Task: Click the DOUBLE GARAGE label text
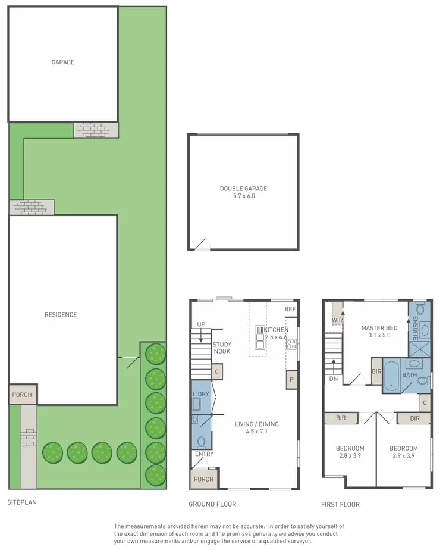pos(243,189)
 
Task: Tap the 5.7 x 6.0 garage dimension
pos(243,196)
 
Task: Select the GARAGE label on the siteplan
pos(62,62)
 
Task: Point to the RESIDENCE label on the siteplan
pos(61,315)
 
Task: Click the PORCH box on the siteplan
pos(20,395)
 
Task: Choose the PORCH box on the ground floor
pos(203,479)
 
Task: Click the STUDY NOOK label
pos(222,348)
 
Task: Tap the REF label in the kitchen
pos(290,310)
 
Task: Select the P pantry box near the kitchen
pos(291,380)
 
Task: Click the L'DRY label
pos(200,395)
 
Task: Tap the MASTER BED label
pos(379,328)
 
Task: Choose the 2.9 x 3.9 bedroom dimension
pos(403,456)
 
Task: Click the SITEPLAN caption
pos(22,502)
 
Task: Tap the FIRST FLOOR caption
pos(340,504)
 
